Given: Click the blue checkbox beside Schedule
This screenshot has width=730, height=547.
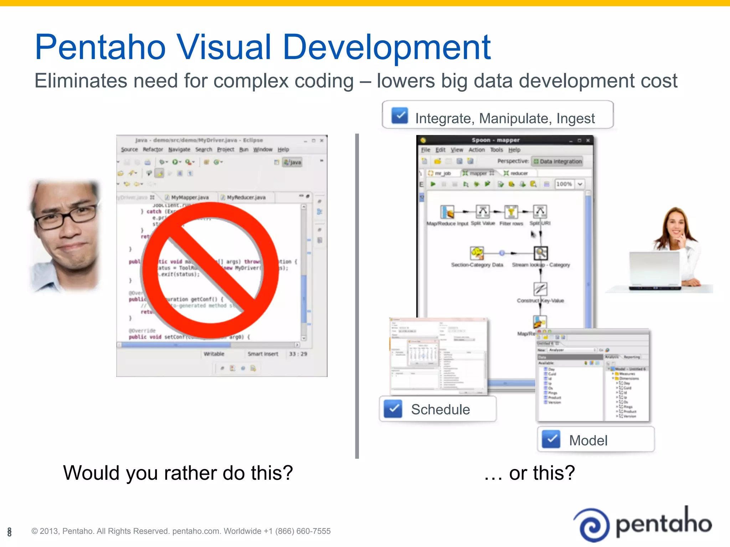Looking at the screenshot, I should coord(393,409).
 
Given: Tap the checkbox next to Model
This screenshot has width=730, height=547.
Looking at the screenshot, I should coord(551,439).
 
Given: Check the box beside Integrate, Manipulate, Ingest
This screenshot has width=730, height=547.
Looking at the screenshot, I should coord(400,115).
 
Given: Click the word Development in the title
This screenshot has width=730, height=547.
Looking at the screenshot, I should coord(387,47).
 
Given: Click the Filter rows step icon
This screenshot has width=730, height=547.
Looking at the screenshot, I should coord(511,212).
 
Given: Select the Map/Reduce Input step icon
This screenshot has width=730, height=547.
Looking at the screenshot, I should coord(447,212).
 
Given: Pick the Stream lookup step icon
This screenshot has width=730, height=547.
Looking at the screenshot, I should coord(540,253).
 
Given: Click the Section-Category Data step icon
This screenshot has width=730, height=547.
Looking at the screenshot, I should coord(477,253).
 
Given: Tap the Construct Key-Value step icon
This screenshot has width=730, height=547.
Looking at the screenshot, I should coord(540,289).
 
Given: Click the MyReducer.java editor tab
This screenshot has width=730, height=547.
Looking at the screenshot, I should coord(246,197).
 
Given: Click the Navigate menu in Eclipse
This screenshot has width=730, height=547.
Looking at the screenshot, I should coord(179,150).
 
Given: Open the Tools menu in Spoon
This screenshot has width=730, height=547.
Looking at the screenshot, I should coord(496,150).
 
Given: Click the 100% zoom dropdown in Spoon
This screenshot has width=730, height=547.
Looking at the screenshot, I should coord(570,184).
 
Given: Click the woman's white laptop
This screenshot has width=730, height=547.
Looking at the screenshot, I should coord(655,270).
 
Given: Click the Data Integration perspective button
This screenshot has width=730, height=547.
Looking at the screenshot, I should coord(557,161).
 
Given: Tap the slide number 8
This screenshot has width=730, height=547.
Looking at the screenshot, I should coord(9,532).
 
